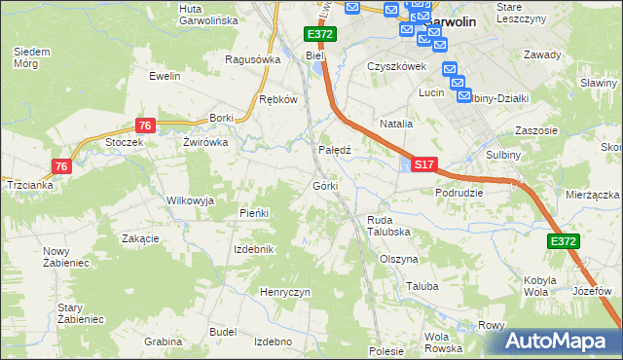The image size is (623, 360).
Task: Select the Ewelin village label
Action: click(165, 75)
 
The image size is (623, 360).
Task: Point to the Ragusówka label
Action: click(252, 58)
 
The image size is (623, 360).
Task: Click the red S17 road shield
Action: click(423, 166)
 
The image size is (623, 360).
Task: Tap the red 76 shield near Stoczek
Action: click(144, 126)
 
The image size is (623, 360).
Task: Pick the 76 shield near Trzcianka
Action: click(62, 166)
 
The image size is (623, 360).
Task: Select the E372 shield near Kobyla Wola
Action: click(563, 241)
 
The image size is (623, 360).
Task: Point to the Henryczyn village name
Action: click(284, 292)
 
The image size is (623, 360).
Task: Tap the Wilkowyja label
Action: click(190, 199)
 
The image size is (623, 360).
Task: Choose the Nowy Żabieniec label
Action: click(63, 257)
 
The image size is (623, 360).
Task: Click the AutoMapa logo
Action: click(559, 341)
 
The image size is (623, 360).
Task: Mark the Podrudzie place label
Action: click(459, 193)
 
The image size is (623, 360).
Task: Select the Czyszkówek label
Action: click(397, 66)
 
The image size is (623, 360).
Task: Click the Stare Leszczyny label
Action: click(521, 13)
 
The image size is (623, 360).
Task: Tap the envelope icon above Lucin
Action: click(449, 69)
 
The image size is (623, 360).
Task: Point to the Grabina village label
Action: click(164, 342)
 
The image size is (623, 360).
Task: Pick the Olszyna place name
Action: click(399, 260)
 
